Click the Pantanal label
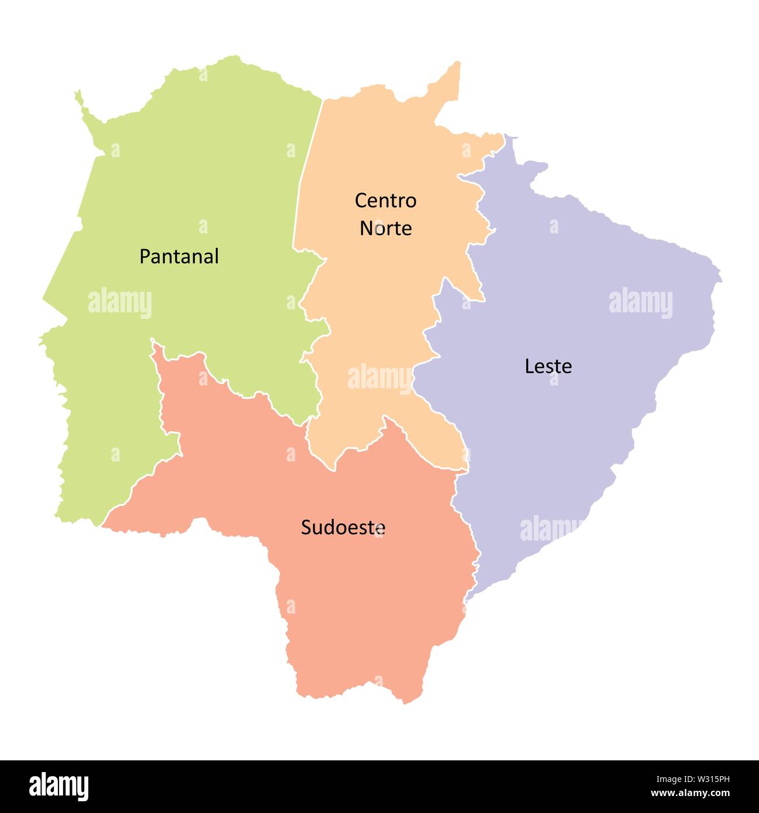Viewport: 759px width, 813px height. pyautogui.click(x=179, y=257)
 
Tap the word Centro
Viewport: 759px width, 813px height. pyautogui.click(x=385, y=201)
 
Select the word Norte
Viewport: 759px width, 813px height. pyautogui.click(x=385, y=228)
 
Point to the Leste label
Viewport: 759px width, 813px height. pyautogui.click(x=548, y=366)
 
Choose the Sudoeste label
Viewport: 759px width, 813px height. pyautogui.click(x=343, y=528)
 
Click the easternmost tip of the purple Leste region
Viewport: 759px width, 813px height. pyautogui.click(x=720, y=275)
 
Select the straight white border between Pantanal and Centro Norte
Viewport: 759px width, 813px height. pyautogui.click(x=308, y=170)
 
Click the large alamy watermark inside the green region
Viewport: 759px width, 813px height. pyautogui.click(x=120, y=303)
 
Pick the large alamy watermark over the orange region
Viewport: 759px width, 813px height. pyautogui.click(x=380, y=378)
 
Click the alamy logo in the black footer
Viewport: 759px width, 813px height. pyautogui.click(x=59, y=787)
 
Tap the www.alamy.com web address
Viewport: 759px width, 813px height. pyautogui.click(x=690, y=794)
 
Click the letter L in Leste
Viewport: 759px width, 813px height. pyautogui.click(x=529, y=366)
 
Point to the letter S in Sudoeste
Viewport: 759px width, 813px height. pyautogui.click(x=306, y=528)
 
